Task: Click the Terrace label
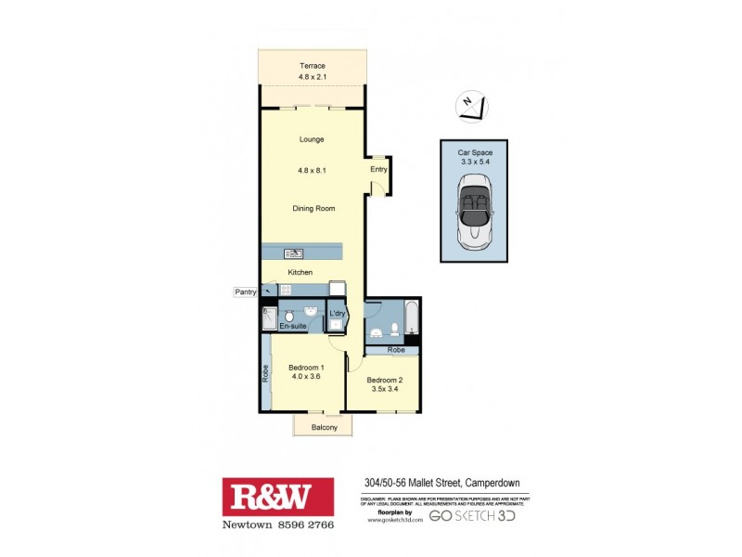(x=312, y=65)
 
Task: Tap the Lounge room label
(x=312, y=139)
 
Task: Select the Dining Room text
(x=313, y=209)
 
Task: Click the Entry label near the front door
(x=378, y=169)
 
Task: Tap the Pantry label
(x=245, y=291)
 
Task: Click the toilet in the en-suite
(x=288, y=315)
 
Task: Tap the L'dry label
(x=338, y=315)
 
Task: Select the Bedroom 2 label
(x=383, y=381)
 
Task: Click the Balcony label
(x=324, y=427)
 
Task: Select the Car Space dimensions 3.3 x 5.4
(x=475, y=161)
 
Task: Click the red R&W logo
(x=277, y=498)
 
